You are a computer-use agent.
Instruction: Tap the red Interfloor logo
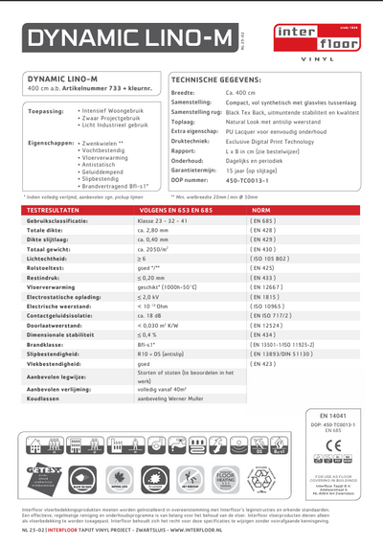316,37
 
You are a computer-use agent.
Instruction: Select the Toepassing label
46,111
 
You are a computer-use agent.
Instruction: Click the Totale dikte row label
48,231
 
